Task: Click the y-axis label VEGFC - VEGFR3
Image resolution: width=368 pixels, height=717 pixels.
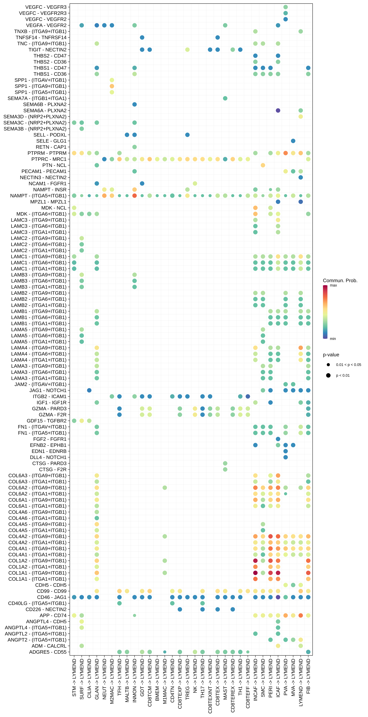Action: tap(46, 7)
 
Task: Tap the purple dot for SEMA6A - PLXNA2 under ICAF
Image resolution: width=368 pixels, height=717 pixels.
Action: tap(278, 111)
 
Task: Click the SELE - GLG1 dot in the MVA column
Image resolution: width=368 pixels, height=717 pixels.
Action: tap(293, 141)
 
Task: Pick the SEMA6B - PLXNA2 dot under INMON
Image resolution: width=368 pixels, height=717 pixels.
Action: tap(135, 104)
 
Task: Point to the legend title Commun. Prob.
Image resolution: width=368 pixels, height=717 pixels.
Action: tap(340, 281)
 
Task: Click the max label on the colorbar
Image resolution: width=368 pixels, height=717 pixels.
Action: tap(333, 285)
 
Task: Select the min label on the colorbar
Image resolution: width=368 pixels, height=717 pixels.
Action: tap(333, 339)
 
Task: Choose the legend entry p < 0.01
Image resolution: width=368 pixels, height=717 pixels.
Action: tap(343, 376)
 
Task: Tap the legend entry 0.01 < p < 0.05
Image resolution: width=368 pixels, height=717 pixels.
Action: tap(348, 365)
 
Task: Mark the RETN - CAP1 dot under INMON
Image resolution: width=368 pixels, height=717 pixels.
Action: tap(135, 147)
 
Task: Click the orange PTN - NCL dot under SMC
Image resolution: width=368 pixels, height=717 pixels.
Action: tap(263, 165)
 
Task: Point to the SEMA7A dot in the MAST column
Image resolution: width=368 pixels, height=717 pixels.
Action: tap(225, 98)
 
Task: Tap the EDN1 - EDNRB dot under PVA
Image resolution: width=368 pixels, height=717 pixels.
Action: tap(285, 451)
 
